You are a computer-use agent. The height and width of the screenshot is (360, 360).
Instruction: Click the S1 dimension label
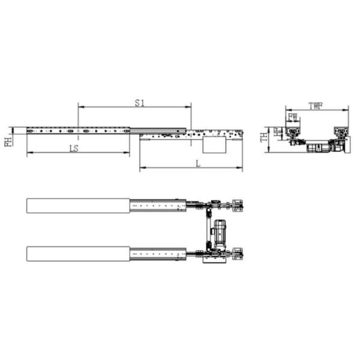tap(139, 103)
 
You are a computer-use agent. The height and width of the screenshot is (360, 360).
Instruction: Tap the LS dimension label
tap(74, 147)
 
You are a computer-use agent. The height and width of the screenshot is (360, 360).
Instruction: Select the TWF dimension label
tap(316, 106)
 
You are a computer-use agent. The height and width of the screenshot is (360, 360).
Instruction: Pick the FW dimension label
tap(293, 116)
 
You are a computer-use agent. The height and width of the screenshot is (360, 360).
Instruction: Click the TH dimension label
tap(264, 138)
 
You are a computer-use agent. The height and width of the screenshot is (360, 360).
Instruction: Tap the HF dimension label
tap(278, 132)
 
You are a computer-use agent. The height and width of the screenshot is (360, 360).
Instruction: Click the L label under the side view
tap(198, 164)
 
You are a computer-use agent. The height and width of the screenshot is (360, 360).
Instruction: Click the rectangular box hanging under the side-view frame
tap(214, 145)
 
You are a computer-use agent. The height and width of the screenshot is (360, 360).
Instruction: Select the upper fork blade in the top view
tap(78, 205)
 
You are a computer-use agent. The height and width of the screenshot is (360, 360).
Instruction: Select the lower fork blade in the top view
tap(78, 254)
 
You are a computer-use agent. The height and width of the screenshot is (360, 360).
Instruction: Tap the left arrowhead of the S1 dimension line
tap(80, 107)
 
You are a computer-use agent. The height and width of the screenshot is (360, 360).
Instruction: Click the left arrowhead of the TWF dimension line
tap(287, 109)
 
